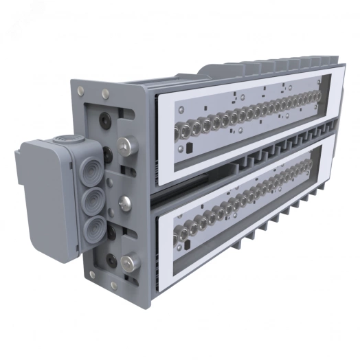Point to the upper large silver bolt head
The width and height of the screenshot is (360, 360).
click(x=127, y=145)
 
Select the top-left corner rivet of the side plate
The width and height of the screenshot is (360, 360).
click(x=81, y=89)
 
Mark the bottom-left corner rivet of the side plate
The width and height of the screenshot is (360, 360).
click(x=90, y=275)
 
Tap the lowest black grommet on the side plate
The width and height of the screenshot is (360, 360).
click(x=111, y=260)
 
